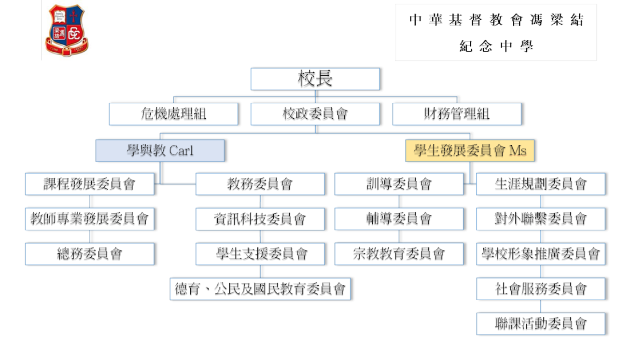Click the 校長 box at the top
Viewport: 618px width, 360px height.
click(x=316, y=79)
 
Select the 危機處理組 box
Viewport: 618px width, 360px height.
click(x=174, y=114)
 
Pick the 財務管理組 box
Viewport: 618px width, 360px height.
click(x=457, y=114)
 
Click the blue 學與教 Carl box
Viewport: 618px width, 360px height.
click(x=161, y=151)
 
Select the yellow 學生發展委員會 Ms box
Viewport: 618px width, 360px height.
click(x=470, y=151)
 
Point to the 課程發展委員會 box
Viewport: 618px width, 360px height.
click(x=90, y=184)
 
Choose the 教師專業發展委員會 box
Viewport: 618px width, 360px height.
click(x=90, y=219)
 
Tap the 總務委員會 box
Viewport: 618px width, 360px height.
click(x=90, y=254)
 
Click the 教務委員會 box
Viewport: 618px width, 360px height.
click(x=260, y=184)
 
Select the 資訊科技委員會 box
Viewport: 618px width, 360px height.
click(x=260, y=219)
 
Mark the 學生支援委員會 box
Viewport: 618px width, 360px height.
click(x=260, y=254)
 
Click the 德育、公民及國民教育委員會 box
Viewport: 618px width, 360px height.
click(x=261, y=289)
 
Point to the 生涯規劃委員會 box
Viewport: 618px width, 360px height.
click(x=541, y=184)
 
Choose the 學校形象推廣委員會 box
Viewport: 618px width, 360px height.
click(x=541, y=254)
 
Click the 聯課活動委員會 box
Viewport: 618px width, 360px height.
click(x=541, y=323)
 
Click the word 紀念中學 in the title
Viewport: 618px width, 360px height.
click(x=496, y=47)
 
